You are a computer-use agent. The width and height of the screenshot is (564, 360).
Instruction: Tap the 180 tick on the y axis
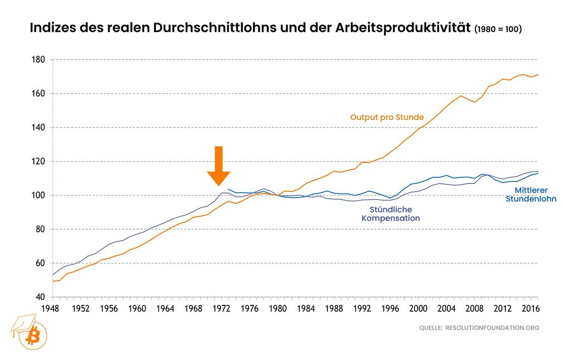38,60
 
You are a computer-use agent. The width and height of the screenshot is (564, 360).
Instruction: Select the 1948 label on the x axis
53,309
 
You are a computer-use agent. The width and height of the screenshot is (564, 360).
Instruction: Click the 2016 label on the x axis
531,309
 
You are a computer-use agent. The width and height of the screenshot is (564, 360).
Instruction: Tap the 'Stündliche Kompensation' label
391,214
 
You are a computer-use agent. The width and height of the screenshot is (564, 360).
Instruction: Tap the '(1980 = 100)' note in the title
498,29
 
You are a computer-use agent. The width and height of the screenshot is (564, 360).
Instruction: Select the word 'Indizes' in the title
53,28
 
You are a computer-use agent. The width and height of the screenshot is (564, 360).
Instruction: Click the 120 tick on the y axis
38,161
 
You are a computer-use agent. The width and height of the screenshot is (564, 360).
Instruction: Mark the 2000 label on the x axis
418,309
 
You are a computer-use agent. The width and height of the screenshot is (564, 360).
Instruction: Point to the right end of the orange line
538,75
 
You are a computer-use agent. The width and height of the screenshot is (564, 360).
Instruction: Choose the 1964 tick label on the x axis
165,309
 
